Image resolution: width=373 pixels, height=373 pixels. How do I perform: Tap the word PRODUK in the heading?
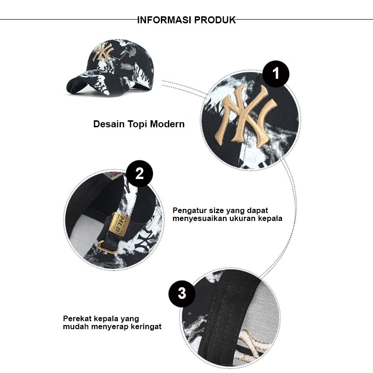point(215,20)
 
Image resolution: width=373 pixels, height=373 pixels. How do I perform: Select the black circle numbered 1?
point(276,74)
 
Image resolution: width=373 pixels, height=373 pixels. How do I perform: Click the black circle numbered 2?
point(139,173)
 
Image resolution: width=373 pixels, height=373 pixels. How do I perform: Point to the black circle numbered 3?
point(182,293)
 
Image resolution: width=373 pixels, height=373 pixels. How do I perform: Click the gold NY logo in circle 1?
point(246,115)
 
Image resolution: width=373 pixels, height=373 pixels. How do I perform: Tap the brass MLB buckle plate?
point(120,224)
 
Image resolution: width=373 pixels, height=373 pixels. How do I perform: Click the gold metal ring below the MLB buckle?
point(108,247)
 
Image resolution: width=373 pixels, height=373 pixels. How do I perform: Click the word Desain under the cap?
point(109,124)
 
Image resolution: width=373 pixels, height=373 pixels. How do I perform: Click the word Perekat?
point(77,318)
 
